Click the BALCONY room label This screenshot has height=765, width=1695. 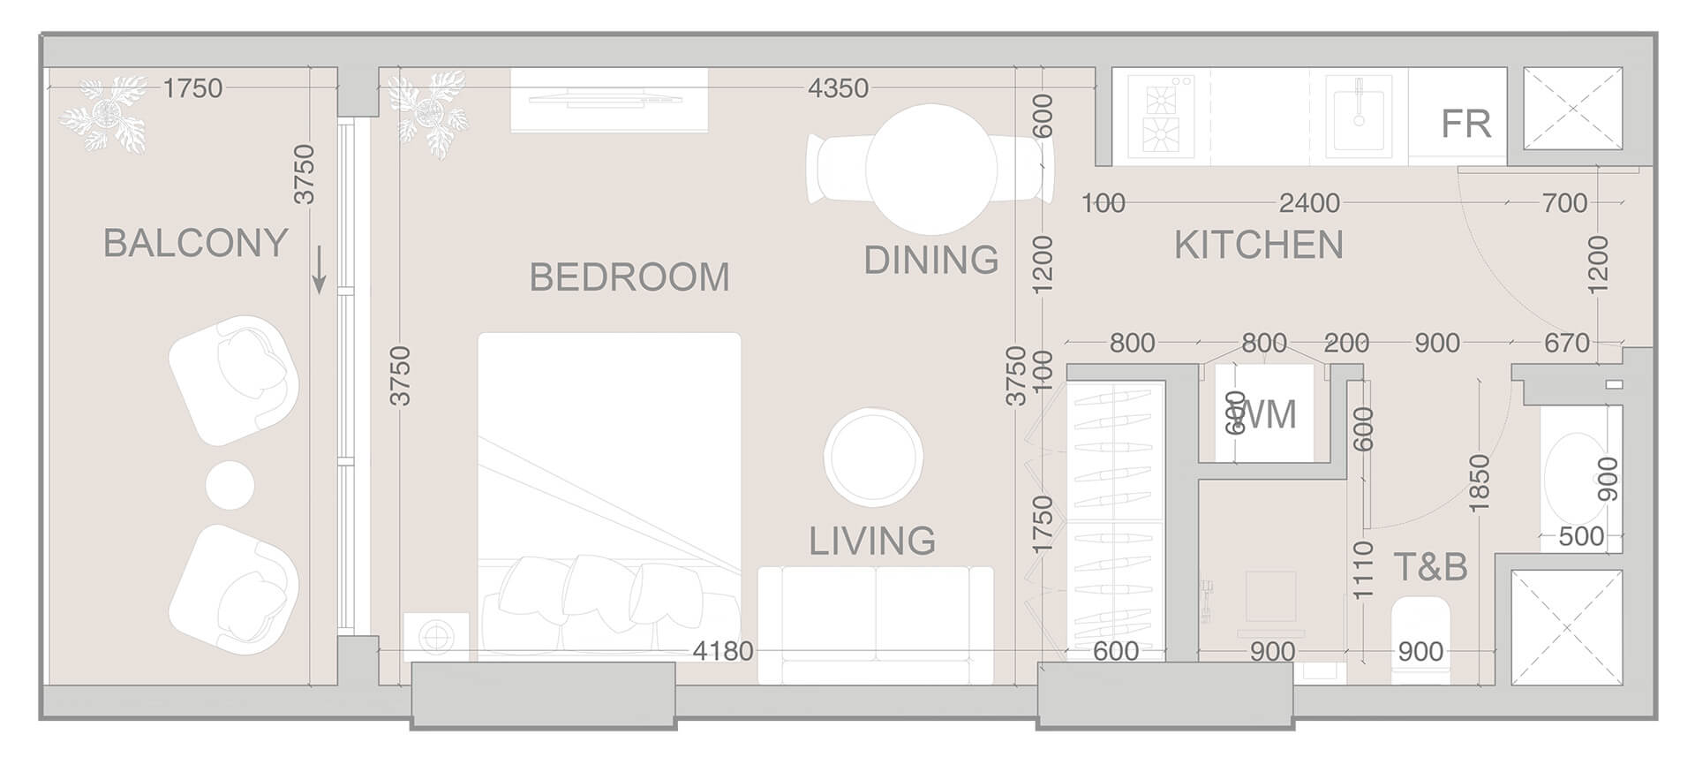point(196,243)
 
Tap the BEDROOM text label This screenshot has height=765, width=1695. point(629,277)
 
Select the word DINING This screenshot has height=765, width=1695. point(930,260)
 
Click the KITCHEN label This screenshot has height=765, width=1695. point(1258,245)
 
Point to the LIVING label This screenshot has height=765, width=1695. point(872,541)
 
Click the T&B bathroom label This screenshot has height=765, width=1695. point(1430,566)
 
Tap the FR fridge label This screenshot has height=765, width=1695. point(1465,125)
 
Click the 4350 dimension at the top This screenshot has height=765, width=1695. point(838,88)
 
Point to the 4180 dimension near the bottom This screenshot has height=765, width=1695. point(722,652)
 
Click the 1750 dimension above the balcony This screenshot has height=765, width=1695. point(193,88)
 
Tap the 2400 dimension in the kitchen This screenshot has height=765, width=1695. point(1309,203)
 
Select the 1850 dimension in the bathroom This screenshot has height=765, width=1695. point(1480,482)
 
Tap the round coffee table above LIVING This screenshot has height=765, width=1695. point(873,456)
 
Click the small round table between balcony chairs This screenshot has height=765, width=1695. point(230,484)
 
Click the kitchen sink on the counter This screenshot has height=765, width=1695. point(1359,116)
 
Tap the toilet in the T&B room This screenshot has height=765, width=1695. point(1420,640)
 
